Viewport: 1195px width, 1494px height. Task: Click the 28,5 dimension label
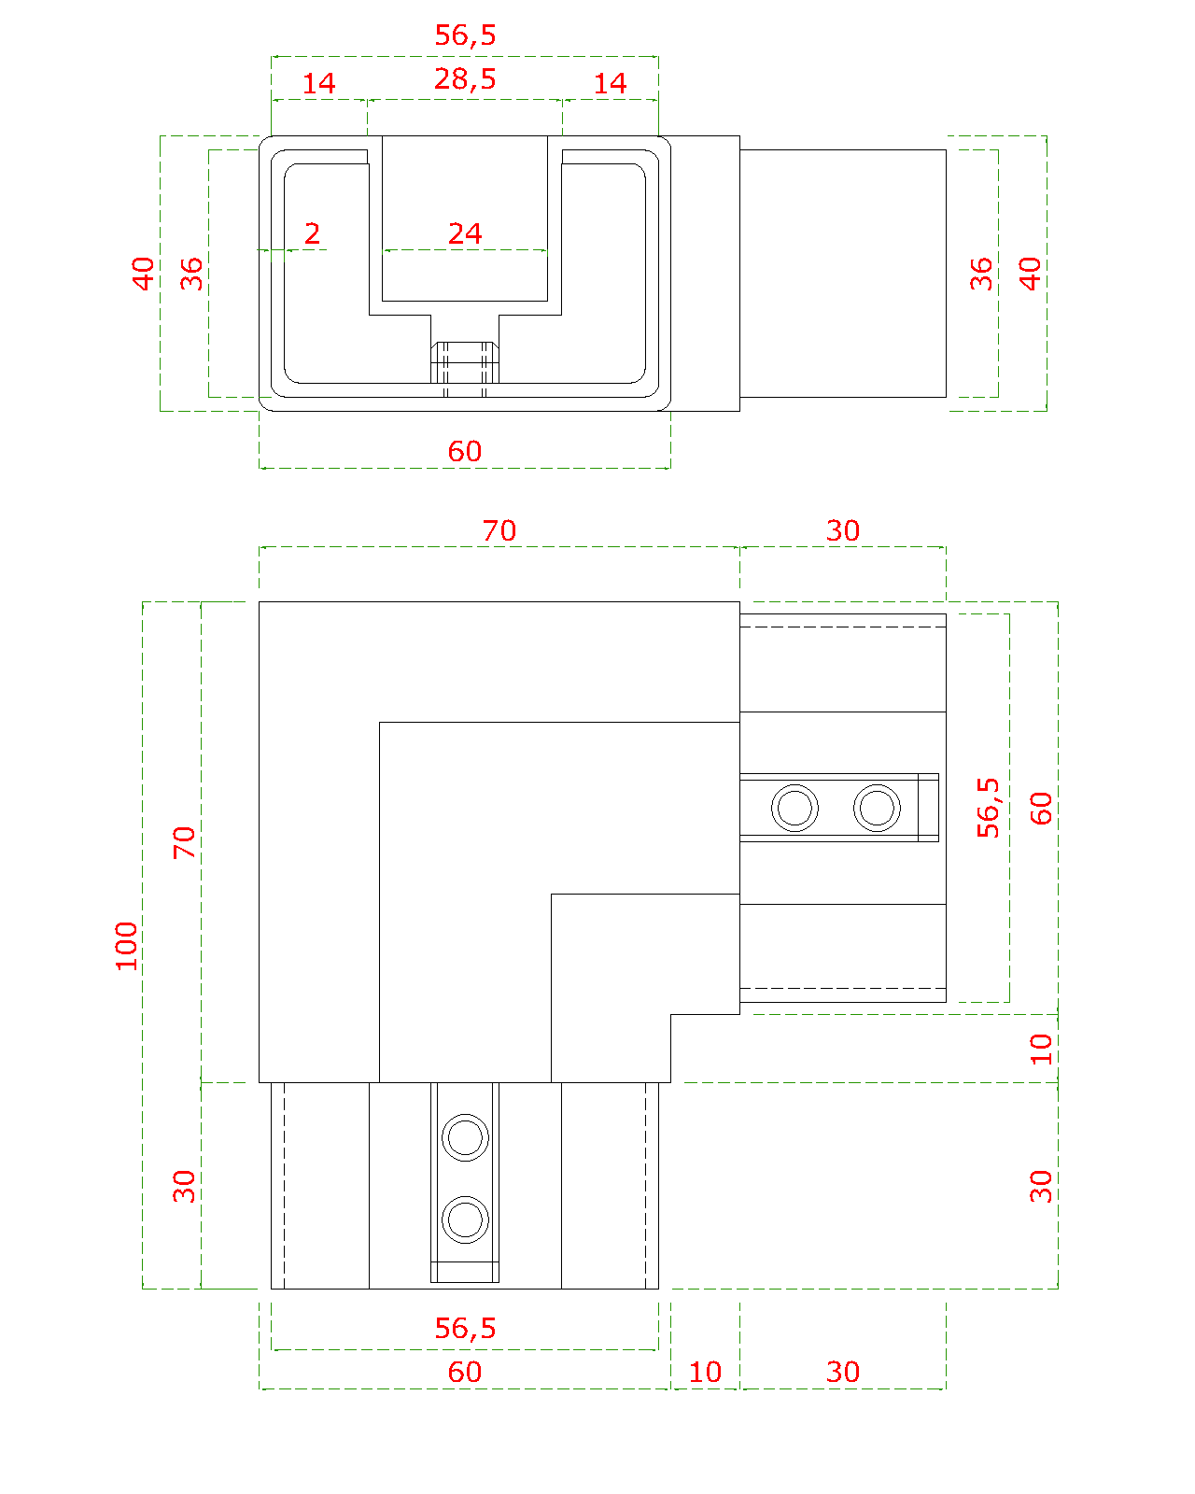[x=465, y=79]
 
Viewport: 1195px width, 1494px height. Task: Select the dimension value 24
[x=465, y=233]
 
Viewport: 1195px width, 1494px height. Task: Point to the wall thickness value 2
[x=313, y=233]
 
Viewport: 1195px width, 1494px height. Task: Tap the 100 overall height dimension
[x=126, y=946]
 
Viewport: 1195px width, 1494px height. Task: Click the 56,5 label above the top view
[x=465, y=35]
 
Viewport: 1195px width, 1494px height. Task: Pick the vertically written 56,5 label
[x=988, y=808]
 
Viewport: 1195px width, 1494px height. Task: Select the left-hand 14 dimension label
[x=318, y=84]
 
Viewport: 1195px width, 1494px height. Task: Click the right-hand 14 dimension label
[x=610, y=84]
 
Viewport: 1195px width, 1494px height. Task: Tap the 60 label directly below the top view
[x=465, y=451]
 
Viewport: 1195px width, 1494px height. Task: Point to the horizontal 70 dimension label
[x=499, y=531]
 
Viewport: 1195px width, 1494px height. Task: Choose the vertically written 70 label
[x=184, y=842]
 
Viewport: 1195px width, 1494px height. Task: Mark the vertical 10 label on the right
[x=1041, y=1049]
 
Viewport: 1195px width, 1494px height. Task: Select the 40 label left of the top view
[x=143, y=274]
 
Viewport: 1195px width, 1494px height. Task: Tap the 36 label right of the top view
[x=981, y=274]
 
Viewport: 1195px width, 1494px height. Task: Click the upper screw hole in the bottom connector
[x=465, y=1137]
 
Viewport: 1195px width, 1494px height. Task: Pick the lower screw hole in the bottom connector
[x=465, y=1219]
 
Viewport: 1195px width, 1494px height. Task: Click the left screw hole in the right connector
[x=794, y=808]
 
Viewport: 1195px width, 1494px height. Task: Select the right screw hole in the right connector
[x=877, y=808]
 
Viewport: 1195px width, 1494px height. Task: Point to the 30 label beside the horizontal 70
[x=843, y=531]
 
